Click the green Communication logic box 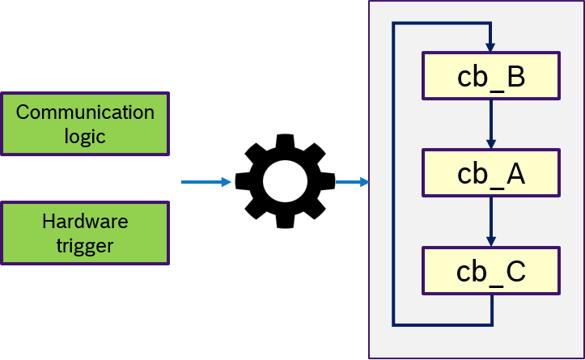pyautogui.click(x=85, y=124)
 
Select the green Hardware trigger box pyautogui.click(x=85, y=233)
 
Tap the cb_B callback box pyautogui.click(x=490, y=76)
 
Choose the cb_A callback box pyautogui.click(x=490, y=173)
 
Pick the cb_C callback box pyautogui.click(x=490, y=270)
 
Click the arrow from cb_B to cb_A pyautogui.click(x=490, y=124)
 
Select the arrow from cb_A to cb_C pyautogui.click(x=490, y=221)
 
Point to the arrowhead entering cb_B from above pyautogui.click(x=490, y=47)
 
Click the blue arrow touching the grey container pyautogui.click(x=353, y=182)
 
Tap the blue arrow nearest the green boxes pyautogui.click(x=206, y=182)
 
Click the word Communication pyautogui.click(x=85, y=112)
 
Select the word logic pyautogui.click(x=85, y=136)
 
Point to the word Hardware pyautogui.click(x=85, y=221)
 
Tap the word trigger pyautogui.click(x=85, y=245)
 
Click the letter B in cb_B pyautogui.click(x=514, y=76)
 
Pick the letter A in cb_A pyautogui.click(x=514, y=173)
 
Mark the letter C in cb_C pyautogui.click(x=514, y=270)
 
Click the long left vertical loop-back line pyautogui.click(x=393, y=174)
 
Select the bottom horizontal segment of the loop pyautogui.click(x=443, y=324)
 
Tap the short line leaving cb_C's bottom pyautogui.click(x=491, y=309)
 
